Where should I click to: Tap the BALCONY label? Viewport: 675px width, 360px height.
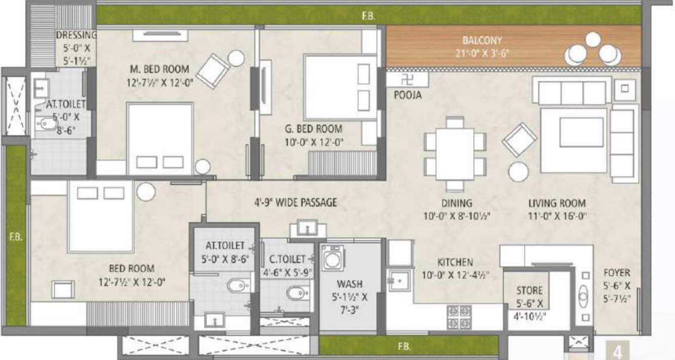tap(482, 40)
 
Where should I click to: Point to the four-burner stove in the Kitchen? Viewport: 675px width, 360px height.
tap(459, 317)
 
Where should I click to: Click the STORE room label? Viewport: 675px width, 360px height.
tap(529, 291)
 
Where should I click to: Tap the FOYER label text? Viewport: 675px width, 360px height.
tap(616, 273)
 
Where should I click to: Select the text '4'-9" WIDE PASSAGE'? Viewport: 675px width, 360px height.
tap(296, 203)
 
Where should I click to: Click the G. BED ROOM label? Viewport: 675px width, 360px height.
tap(313, 129)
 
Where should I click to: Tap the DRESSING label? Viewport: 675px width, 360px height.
tap(76, 35)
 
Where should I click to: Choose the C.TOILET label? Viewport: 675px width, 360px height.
tap(287, 259)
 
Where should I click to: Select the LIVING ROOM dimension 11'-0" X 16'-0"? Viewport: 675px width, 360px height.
tap(557, 217)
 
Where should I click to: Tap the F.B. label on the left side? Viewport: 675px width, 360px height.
tap(14, 236)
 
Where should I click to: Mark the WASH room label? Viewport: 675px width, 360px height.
tap(350, 284)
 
